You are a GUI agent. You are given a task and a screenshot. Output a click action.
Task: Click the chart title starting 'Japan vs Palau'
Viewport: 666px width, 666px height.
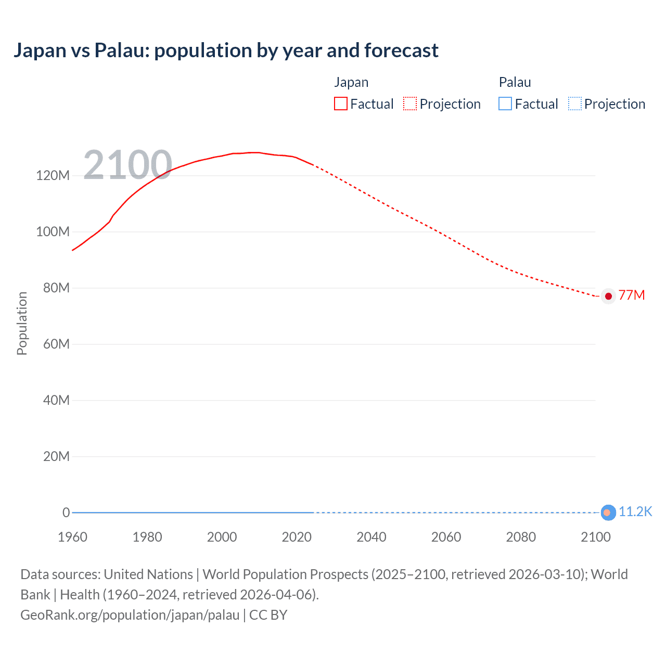tap(226, 50)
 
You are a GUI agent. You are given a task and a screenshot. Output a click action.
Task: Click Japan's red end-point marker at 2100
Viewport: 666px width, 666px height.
tap(608, 296)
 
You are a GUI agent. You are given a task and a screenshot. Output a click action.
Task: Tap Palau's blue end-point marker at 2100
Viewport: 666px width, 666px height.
tap(608, 513)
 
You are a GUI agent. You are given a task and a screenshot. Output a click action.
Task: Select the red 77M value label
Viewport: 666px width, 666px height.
tap(632, 296)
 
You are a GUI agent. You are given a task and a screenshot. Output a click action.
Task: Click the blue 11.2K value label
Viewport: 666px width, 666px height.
tap(635, 512)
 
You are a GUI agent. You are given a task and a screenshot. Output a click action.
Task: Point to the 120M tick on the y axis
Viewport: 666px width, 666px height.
tap(53, 175)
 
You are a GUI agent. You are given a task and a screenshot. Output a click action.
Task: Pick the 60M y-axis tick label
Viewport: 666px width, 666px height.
tap(56, 344)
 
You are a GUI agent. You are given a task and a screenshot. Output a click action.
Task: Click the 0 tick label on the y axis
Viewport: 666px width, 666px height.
tap(66, 513)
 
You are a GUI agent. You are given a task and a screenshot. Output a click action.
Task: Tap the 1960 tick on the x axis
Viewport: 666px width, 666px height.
tap(72, 537)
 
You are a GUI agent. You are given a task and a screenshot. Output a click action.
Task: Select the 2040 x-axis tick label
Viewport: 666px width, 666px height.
tap(371, 537)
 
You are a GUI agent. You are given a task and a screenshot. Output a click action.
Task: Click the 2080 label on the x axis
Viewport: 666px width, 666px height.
tap(521, 537)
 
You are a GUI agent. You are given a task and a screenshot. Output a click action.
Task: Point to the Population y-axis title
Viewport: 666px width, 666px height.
tap(22, 323)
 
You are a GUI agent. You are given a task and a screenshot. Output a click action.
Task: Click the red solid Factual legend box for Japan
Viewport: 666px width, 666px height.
tap(341, 104)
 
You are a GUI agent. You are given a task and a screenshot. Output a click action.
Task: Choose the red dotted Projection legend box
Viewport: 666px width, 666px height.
tap(410, 104)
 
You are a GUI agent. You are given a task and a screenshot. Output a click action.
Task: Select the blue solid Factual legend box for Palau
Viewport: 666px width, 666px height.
tap(505, 104)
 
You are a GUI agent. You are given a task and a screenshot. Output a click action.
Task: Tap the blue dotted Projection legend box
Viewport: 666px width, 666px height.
tap(574, 104)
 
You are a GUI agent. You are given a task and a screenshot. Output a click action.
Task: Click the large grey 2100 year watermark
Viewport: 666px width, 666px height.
tap(127, 165)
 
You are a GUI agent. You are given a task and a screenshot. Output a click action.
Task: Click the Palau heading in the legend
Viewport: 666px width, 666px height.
tap(515, 82)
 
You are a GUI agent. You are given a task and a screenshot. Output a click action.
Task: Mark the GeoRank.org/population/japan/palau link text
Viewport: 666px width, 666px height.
tap(130, 615)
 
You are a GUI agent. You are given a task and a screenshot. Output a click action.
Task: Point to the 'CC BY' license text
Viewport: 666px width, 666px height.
tap(268, 615)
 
